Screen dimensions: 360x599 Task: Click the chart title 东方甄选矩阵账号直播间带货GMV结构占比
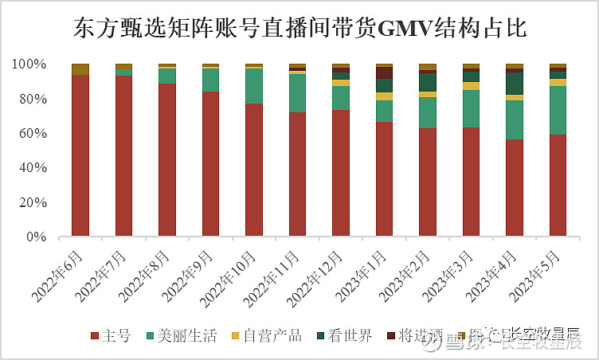pyautogui.click(x=299, y=29)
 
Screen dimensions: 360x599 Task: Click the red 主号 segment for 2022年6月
pyautogui.click(x=80, y=155)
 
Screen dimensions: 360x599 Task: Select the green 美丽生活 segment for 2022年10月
pyautogui.click(x=254, y=86)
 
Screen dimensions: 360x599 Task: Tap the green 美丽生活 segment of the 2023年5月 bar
pyautogui.click(x=558, y=110)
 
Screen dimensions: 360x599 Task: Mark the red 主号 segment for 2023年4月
pyautogui.click(x=515, y=188)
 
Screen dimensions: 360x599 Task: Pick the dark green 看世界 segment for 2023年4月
pyautogui.click(x=515, y=84)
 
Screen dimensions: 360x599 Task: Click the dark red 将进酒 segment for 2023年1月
pyautogui.click(x=385, y=72)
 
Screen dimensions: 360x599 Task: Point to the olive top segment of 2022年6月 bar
pyautogui.click(x=80, y=69)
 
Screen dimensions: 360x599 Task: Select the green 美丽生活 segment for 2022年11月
pyautogui.click(x=297, y=93)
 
